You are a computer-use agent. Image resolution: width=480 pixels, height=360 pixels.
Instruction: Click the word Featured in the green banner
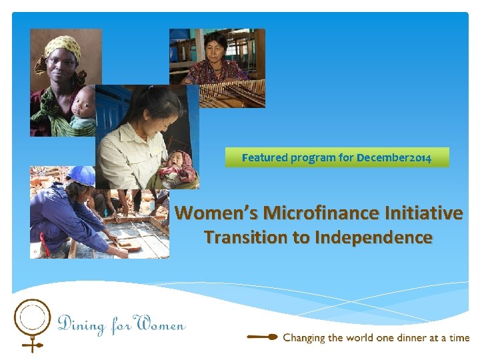pos(264,158)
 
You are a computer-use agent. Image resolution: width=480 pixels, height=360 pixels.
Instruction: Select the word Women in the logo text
pos(160,325)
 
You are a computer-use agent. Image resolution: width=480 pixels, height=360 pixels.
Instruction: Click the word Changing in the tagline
pos(304,338)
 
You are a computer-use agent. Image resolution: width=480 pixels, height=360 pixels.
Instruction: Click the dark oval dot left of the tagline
pos(271,337)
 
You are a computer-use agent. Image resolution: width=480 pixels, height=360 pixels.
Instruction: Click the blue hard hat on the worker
pos(81,175)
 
